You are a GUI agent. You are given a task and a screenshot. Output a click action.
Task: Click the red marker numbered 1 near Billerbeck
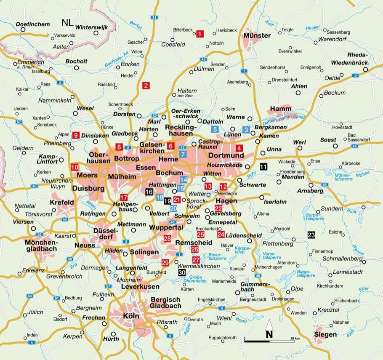[x=199, y=34]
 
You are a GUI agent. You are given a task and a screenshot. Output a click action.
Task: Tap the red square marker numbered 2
[x=146, y=85]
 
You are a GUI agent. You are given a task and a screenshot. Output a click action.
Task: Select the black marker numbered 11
[x=263, y=166]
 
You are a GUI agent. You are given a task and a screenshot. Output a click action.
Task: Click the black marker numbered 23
[x=311, y=235]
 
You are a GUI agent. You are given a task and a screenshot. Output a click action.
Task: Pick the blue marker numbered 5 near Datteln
[x=215, y=129]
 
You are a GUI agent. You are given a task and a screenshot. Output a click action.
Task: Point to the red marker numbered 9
[x=76, y=135]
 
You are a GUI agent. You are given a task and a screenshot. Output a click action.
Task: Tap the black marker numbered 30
[x=182, y=272]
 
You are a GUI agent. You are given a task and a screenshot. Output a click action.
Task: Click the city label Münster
[x=257, y=35]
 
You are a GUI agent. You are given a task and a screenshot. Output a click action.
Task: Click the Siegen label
[x=325, y=334]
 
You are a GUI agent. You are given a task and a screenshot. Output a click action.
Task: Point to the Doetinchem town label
[x=33, y=24]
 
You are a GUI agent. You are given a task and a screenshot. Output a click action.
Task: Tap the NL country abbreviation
[x=67, y=22]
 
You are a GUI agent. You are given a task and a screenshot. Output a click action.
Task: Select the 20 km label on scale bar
[x=295, y=339]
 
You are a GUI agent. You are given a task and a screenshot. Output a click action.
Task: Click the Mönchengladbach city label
[x=41, y=245]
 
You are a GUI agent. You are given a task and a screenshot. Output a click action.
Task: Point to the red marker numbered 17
[x=124, y=197]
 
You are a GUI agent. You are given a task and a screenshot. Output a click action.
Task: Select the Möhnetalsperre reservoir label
[x=344, y=177]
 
